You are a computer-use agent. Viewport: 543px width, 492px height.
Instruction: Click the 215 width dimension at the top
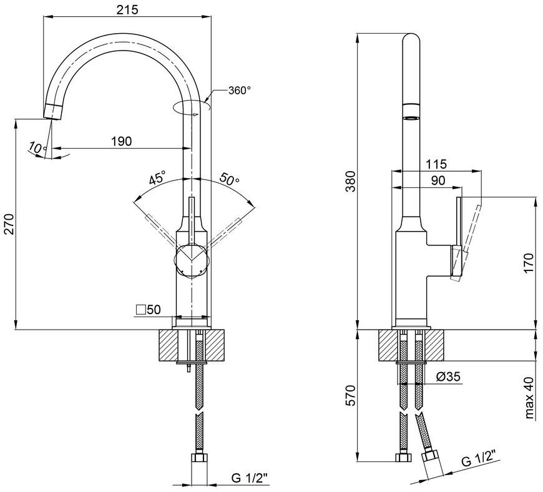[x=127, y=9]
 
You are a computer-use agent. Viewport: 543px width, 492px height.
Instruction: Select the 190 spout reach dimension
[x=121, y=141]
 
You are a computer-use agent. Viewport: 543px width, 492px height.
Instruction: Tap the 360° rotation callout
[x=239, y=91]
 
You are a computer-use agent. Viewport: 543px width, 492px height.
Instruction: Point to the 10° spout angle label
[x=37, y=148]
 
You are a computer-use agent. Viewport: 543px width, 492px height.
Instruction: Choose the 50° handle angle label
[x=229, y=178]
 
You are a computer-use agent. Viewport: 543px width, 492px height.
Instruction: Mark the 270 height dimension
[x=9, y=224]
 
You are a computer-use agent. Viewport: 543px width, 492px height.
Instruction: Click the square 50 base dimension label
[x=149, y=310]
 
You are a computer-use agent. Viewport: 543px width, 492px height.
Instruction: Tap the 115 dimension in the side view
[x=436, y=164]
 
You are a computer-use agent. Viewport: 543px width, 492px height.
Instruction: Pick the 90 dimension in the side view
[x=438, y=180]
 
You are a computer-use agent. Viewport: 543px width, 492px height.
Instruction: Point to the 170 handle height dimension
[x=529, y=263]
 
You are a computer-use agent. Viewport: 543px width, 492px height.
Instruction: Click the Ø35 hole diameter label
[x=449, y=376]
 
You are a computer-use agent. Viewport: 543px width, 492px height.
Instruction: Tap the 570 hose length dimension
[x=350, y=395]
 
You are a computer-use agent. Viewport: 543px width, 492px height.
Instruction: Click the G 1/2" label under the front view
[x=250, y=478]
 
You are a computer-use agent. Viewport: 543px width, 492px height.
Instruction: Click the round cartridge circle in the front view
[x=192, y=261]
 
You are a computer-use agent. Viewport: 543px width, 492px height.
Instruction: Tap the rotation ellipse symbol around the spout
[x=191, y=107]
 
